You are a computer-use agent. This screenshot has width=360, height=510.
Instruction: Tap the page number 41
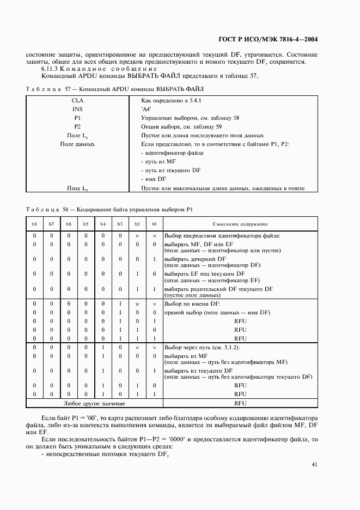[x=315, y=464]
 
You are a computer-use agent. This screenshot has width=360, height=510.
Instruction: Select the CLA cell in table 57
[x=77, y=101]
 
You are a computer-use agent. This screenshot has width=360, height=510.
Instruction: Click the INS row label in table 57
[x=77, y=109]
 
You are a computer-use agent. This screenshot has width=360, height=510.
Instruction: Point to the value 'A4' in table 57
[x=147, y=109]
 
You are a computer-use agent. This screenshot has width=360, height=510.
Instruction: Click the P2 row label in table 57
[x=77, y=126]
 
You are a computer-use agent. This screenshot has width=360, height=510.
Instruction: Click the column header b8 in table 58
[x=34, y=224]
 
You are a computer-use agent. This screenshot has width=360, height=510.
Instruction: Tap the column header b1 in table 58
[x=154, y=224]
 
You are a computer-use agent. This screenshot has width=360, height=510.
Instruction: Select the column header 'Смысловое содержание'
[x=240, y=224]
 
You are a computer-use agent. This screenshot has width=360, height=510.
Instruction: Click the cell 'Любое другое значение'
[x=94, y=403]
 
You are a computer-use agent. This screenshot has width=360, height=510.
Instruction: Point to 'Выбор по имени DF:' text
[x=191, y=303]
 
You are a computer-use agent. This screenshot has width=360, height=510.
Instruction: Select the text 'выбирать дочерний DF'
[x=195, y=258]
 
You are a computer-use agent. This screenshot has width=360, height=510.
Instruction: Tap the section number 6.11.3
[x=51, y=69]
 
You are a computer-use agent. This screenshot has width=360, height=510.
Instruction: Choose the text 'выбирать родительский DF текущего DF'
[x=218, y=288]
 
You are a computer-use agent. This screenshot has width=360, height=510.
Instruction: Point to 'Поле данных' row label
[x=77, y=144]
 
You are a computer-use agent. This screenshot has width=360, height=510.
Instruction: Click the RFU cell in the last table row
[x=240, y=403]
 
